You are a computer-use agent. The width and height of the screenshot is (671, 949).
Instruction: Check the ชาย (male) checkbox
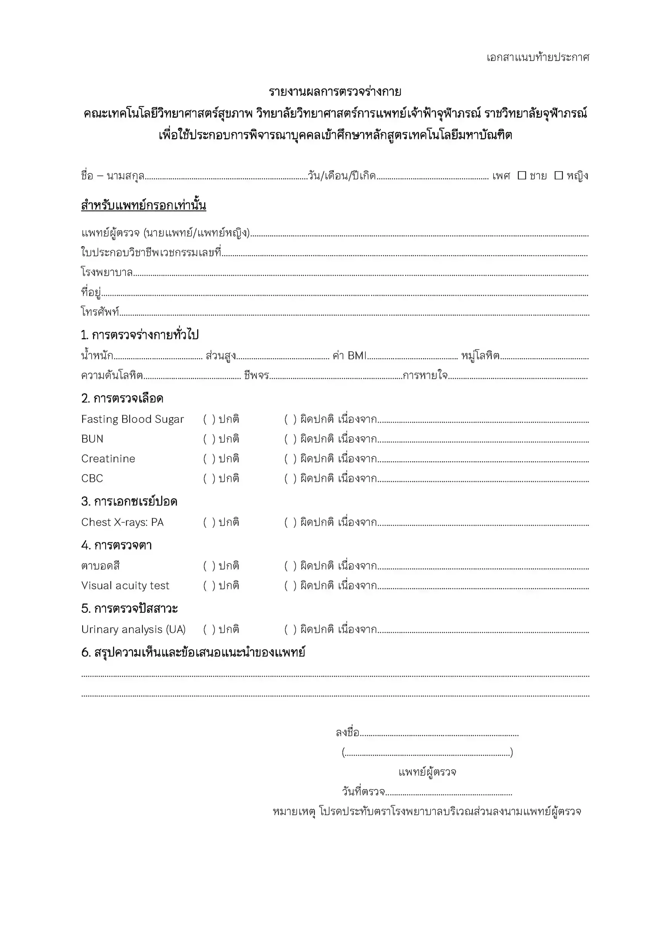point(522,175)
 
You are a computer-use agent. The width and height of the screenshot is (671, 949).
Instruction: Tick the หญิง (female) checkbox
point(558,175)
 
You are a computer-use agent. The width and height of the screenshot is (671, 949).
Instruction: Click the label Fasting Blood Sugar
point(132,419)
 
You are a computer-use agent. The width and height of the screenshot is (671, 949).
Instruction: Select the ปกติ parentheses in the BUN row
point(209,439)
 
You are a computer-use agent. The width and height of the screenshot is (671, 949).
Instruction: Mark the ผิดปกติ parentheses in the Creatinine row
point(290,459)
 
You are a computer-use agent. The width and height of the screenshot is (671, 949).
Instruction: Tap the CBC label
point(92,478)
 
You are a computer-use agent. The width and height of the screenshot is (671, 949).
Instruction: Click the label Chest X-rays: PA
point(122,522)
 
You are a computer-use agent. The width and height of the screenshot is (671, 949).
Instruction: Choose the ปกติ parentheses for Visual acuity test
point(209,586)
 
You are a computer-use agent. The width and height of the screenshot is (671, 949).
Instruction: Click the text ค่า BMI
point(349,356)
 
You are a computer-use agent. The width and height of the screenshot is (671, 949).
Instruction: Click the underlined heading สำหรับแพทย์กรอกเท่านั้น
point(143,205)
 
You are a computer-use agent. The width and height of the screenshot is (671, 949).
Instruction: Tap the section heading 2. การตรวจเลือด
point(122,399)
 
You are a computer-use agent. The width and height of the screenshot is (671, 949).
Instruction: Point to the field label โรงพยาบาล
point(107,272)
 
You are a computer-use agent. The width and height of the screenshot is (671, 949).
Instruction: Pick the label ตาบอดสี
point(100,566)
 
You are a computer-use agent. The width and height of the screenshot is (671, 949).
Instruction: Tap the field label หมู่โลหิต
point(480,356)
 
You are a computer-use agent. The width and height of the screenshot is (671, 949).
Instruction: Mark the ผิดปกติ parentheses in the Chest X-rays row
point(290,522)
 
